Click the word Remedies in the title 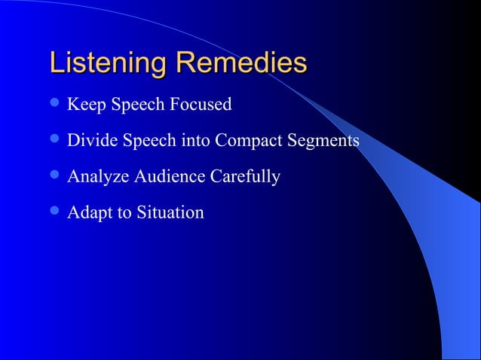click(x=241, y=63)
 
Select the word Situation click(x=170, y=212)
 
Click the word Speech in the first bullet click(x=136, y=105)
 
